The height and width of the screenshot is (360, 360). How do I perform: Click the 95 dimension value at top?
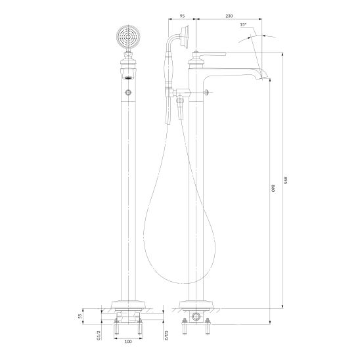[x=182, y=16]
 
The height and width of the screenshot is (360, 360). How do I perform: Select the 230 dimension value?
[x=229, y=16]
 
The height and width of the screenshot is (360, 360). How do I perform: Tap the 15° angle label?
[x=243, y=24]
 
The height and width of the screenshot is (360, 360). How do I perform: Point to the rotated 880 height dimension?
[x=273, y=189]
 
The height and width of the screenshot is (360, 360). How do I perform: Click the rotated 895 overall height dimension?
[x=285, y=180]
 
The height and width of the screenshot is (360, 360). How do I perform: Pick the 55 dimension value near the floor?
[x=80, y=316]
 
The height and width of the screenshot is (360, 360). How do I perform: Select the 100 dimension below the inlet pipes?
[x=128, y=342]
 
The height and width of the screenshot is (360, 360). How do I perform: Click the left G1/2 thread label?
[x=99, y=336]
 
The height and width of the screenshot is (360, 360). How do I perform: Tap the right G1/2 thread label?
[x=166, y=336]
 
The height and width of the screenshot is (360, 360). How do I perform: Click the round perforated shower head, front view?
[x=128, y=37]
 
